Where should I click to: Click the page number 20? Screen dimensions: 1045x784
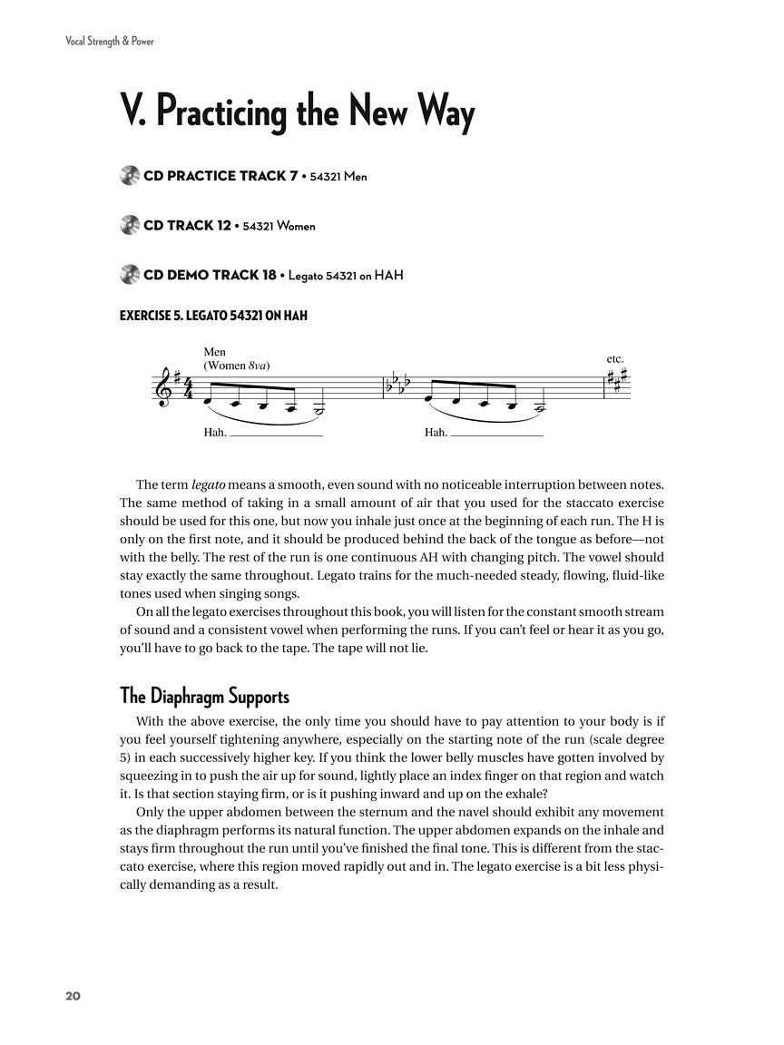pyautogui.click(x=73, y=996)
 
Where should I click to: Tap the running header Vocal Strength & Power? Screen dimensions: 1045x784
pyautogui.click(x=103, y=41)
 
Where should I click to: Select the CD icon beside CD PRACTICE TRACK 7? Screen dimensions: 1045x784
pyautogui.click(x=129, y=176)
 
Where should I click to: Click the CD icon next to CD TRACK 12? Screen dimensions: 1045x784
pyautogui.click(x=129, y=225)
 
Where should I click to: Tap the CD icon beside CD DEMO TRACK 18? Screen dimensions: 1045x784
pyautogui.click(x=129, y=275)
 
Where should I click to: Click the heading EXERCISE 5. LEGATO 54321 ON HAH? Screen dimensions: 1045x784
pyautogui.click(x=213, y=316)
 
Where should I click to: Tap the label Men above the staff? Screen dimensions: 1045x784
pyautogui.click(x=215, y=352)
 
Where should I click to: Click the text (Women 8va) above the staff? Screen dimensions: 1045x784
pyautogui.click(x=237, y=366)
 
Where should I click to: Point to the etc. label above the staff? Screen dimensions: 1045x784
pyautogui.click(x=615, y=359)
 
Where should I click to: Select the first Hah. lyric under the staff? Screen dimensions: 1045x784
pyautogui.click(x=215, y=433)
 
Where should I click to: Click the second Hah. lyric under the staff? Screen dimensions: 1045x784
pyautogui.click(x=436, y=433)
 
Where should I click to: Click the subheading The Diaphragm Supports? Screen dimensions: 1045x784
pyautogui.click(x=204, y=697)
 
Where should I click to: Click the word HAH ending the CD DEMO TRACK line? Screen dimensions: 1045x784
pyautogui.click(x=388, y=275)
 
